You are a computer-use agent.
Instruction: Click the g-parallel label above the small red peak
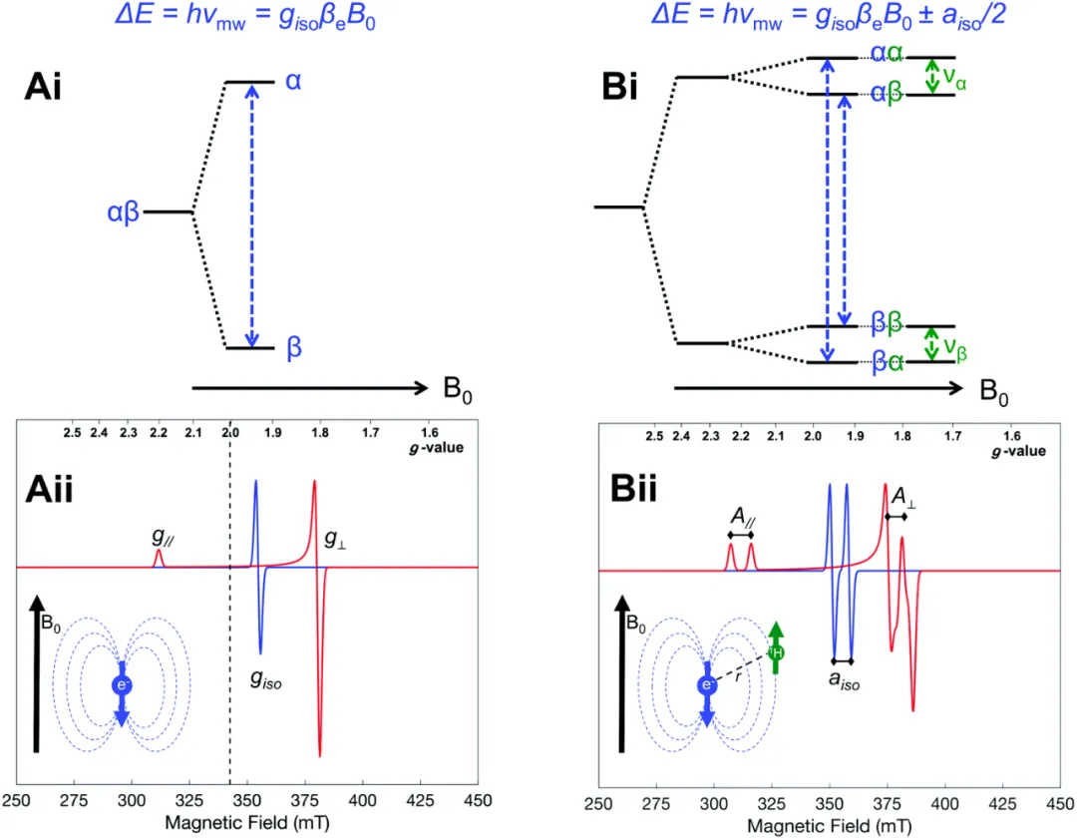(x=161, y=536)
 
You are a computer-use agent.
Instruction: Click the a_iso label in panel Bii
(x=844, y=681)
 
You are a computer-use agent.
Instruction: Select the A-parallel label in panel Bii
(x=741, y=518)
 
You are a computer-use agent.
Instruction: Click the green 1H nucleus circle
(x=776, y=652)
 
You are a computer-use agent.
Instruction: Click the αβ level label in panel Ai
(x=127, y=211)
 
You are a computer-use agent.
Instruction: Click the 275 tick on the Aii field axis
(x=77, y=800)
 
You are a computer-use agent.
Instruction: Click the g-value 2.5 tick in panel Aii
(x=72, y=434)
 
